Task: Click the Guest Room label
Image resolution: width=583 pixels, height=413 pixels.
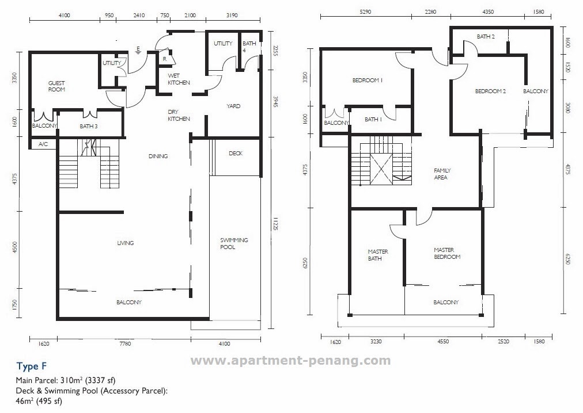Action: [56, 86]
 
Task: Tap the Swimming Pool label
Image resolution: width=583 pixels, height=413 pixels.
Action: [234, 243]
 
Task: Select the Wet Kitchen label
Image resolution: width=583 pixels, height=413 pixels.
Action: [179, 79]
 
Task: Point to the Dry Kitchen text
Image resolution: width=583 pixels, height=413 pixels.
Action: [179, 115]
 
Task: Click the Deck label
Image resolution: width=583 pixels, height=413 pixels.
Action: [236, 153]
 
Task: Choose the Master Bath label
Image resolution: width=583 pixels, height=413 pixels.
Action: [378, 255]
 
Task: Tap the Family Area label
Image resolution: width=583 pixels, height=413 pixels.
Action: [442, 174]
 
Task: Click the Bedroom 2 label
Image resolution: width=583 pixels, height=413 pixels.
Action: [490, 91]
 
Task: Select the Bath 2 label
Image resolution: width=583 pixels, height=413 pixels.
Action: [486, 36]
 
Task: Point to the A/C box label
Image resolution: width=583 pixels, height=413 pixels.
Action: [43, 144]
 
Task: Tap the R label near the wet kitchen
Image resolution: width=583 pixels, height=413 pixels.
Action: [164, 59]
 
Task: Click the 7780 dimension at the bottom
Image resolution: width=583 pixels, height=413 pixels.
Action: [125, 343]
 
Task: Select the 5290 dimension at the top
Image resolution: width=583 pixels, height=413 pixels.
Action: [366, 12]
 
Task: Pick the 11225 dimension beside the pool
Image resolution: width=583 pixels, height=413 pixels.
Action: [275, 224]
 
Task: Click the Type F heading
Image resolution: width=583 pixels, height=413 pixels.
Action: [32, 366]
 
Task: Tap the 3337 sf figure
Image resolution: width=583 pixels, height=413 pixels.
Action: [100, 380]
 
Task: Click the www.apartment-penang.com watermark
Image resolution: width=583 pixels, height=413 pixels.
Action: [290, 361]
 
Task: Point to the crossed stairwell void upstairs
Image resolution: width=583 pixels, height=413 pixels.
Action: [381, 169]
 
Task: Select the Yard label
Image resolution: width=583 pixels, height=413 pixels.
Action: [233, 106]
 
